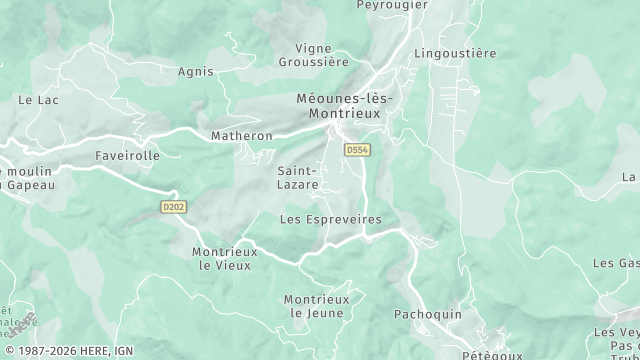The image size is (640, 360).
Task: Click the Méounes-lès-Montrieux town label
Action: tap(347, 106)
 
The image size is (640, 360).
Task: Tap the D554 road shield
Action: tap(356, 150)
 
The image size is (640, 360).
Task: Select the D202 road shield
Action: tap(172, 207)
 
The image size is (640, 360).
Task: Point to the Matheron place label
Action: tap(241, 136)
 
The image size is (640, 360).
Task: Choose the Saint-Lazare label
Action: tap(298, 178)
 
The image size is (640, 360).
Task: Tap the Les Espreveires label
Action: tap(330, 219)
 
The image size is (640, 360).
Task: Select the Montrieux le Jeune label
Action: tap(316, 306)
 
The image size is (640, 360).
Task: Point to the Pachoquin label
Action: tap(428, 314)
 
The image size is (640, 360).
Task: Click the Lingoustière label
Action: tap(455, 53)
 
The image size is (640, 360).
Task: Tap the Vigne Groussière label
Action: tap(322, 54)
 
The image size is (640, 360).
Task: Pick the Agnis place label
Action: tap(195, 72)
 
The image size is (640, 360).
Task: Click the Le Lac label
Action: tap(39, 100)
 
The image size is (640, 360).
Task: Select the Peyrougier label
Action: tap(392, 5)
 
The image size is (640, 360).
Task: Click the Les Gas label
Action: tap(616, 263)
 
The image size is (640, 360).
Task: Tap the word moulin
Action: tap(30, 171)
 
